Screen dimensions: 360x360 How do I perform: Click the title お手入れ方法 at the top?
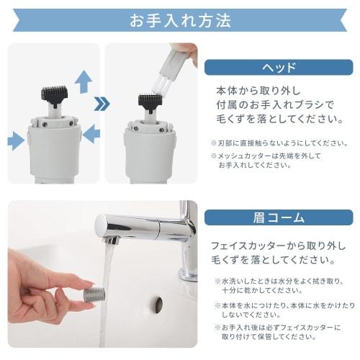click(180, 19)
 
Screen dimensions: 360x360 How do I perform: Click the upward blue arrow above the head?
click(84, 81)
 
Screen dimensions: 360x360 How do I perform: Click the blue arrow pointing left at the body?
click(91, 135)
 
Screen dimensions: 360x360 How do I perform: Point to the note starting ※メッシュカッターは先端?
click(273, 160)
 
